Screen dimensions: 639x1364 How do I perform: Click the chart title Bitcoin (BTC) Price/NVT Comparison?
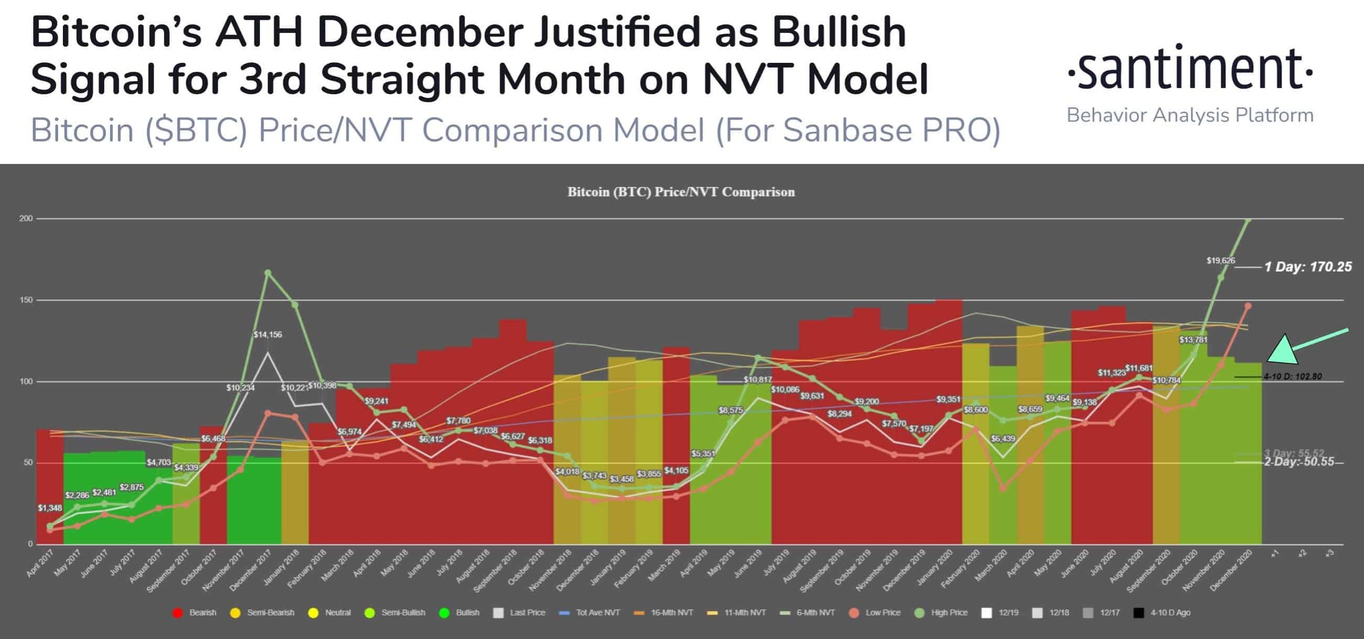[681, 192]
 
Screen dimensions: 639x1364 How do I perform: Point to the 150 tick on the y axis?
[26, 300]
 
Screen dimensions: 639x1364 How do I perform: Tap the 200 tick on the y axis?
[26, 219]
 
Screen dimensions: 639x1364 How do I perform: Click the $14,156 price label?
[267, 335]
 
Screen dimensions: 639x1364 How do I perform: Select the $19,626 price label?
[1221, 261]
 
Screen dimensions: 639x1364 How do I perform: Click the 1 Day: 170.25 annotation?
[1308, 267]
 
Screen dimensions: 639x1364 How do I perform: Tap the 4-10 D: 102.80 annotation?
[1293, 376]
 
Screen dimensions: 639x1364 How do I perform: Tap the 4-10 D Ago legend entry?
[1163, 613]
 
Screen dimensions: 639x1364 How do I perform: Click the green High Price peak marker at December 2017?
[268, 273]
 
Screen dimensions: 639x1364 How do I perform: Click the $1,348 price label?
[50, 509]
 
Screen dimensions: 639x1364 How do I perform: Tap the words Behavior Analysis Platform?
[1190, 116]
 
